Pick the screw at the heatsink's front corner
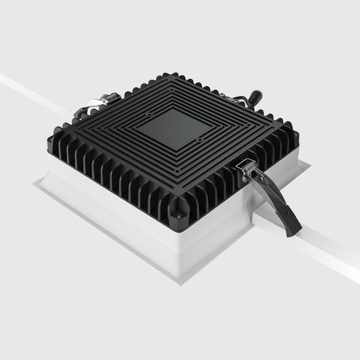pos(178,216)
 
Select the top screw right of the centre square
pos(200,140)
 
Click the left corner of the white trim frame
pos(35,183)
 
